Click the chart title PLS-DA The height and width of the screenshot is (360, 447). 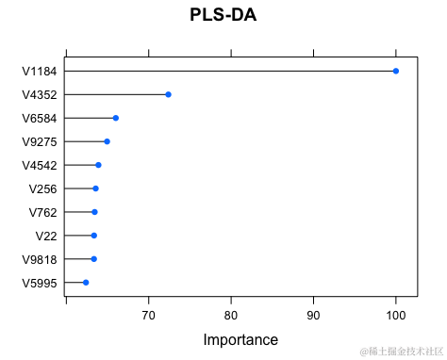tap(223, 16)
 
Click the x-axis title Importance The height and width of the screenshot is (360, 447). tap(240, 339)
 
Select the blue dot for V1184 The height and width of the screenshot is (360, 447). tap(396, 71)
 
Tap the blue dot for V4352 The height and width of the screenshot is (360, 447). tap(168, 94)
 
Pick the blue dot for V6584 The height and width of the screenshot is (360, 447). tap(115, 118)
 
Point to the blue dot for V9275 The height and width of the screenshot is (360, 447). tap(107, 141)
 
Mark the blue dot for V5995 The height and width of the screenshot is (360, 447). tap(86, 283)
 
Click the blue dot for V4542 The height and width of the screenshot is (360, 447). tap(98, 165)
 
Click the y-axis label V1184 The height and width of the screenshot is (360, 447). tap(40, 71)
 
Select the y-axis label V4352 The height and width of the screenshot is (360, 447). tap(40, 94)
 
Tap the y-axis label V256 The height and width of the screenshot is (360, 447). tap(43, 188)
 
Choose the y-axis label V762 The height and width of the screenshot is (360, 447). tap(43, 212)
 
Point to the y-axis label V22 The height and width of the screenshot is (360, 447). tap(46, 236)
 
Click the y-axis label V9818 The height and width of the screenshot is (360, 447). tap(40, 259)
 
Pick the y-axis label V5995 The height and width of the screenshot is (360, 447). tap(40, 283)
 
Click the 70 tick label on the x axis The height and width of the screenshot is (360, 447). tap(148, 315)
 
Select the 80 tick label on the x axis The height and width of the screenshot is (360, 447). tap(231, 315)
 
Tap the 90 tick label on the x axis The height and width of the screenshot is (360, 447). tap(313, 315)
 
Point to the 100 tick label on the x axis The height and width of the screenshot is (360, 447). tap(396, 315)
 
